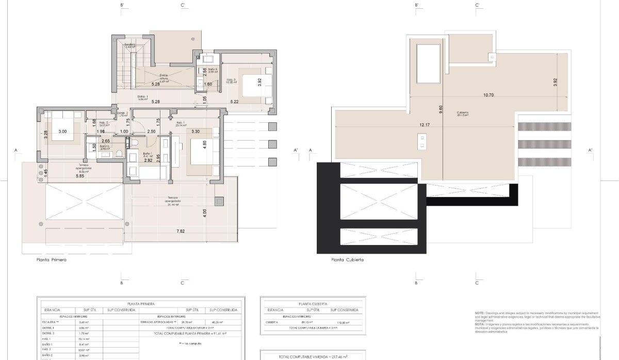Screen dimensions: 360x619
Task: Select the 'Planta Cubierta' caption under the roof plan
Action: pos(347,260)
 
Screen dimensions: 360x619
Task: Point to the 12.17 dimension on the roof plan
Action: pos(425,125)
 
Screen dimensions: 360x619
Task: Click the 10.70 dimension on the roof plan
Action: pos(488,95)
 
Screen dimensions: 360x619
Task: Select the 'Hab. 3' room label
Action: pos(231,80)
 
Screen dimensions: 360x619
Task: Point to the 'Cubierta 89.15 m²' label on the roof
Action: pos(463,113)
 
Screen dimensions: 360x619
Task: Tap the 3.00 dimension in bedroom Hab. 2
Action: pos(62,132)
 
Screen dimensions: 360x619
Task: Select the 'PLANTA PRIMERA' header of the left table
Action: pos(140,304)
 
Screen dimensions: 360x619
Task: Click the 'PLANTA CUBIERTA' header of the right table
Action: pos(312,304)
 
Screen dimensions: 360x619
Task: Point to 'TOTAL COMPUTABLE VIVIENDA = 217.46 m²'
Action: pos(313,356)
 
